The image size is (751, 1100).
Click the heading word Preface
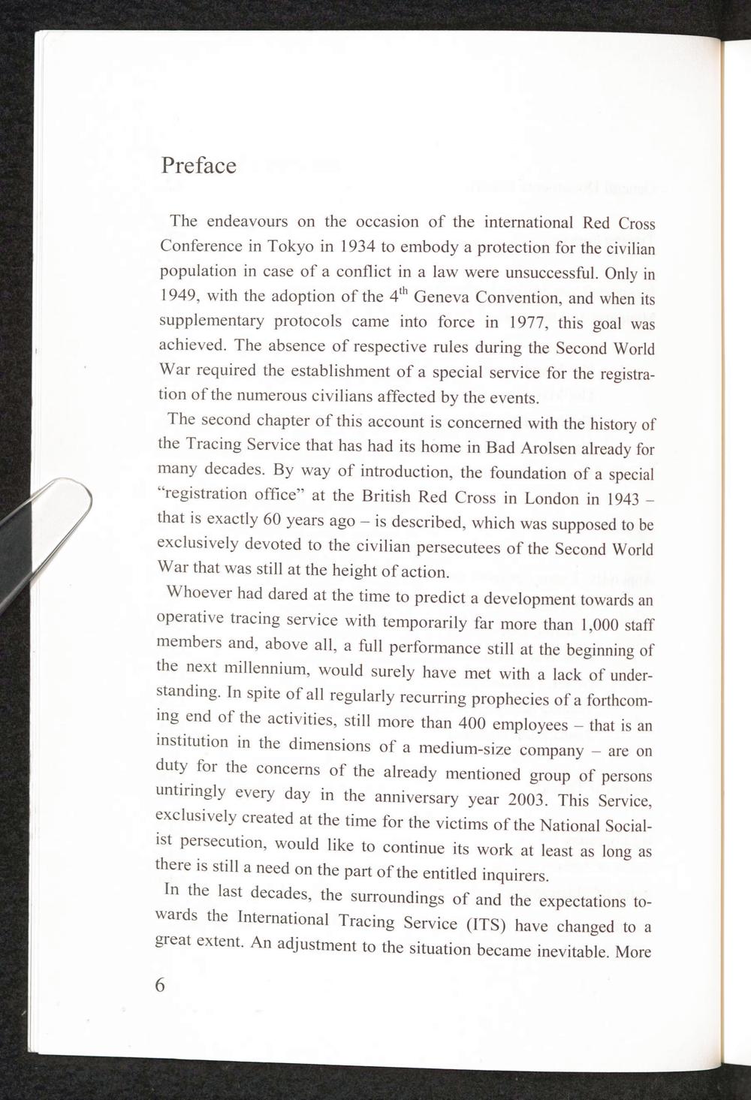(x=198, y=165)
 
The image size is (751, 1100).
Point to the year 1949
(x=179, y=295)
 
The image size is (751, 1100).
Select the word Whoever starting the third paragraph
(x=196, y=592)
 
